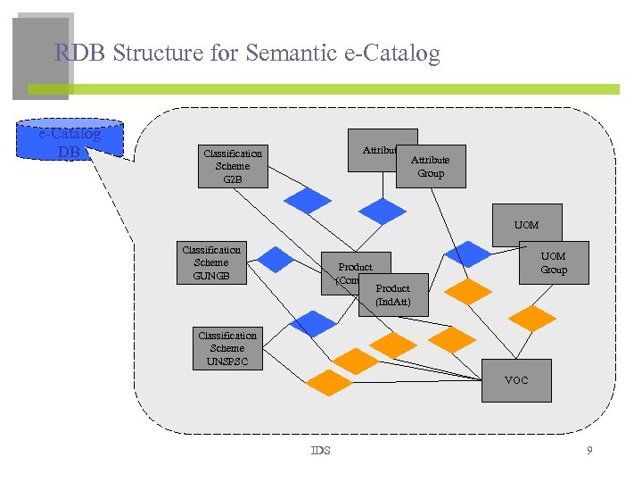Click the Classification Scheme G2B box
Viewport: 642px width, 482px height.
[x=233, y=166]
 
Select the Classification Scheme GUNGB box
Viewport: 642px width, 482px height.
[x=211, y=262]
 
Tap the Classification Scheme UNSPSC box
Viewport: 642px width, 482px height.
[x=227, y=348]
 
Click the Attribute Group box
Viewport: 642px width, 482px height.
[x=432, y=167]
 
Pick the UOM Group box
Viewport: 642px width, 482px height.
[x=554, y=262]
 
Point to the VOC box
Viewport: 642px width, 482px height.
[x=516, y=380]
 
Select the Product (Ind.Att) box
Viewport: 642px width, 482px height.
[x=393, y=295]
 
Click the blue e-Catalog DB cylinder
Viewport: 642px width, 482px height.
[x=70, y=141]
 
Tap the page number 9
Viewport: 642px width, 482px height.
[x=589, y=451]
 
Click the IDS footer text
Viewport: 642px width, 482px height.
[x=320, y=451]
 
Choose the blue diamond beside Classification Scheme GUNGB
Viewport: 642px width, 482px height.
[x=276, y=259]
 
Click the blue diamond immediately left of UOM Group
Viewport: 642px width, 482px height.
[x=468, y=254]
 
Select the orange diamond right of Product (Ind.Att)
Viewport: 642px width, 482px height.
[x=468, y=291]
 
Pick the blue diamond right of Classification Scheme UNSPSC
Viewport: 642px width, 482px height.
[x=315, y=324]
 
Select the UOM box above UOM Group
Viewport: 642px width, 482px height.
[x=527, y=225]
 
